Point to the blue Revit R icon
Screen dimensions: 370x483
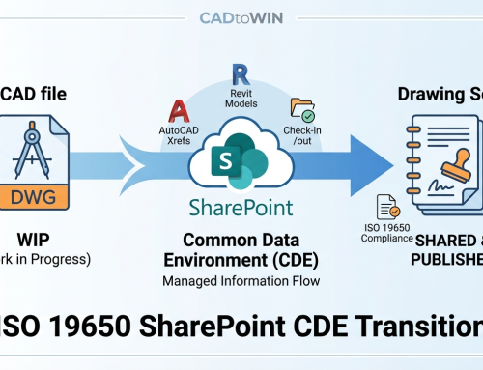coord(240,74)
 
